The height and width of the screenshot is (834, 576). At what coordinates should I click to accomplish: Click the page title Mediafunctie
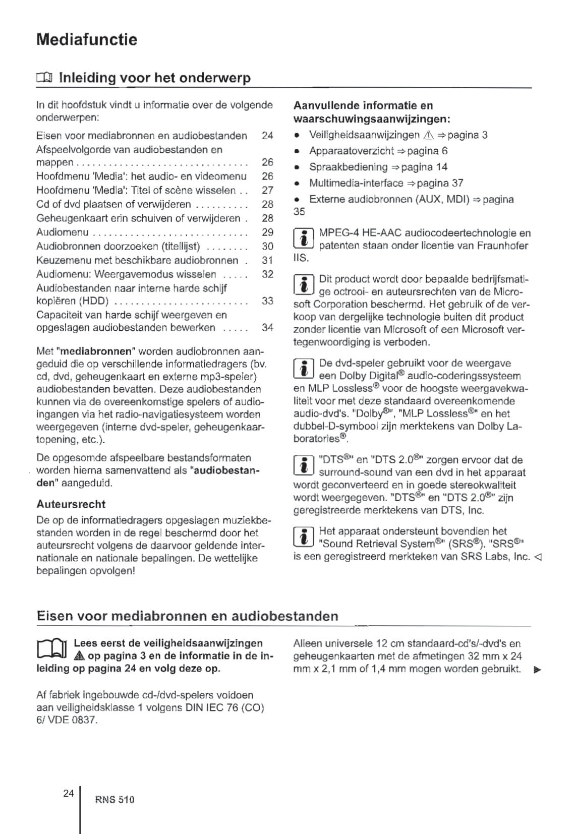pos(87,39)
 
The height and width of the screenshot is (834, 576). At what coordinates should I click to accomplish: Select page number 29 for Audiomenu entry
pos(267,232)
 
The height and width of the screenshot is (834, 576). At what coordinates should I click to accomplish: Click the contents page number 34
pos(267,327)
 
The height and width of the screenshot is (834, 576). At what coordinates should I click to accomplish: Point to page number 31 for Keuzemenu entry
pos(267,260)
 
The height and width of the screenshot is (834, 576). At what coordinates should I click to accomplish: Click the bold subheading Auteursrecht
pos(71,504)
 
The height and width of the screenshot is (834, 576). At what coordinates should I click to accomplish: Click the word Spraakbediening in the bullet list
pos(349,167)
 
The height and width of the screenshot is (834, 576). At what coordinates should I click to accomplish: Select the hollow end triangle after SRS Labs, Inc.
pos(538,557)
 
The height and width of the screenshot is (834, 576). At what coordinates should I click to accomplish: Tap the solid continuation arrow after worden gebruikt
pos(538,670)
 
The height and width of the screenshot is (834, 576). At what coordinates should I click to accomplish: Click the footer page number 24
pos(69,793)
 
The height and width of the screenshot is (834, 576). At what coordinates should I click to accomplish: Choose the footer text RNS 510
pos(114,800)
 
